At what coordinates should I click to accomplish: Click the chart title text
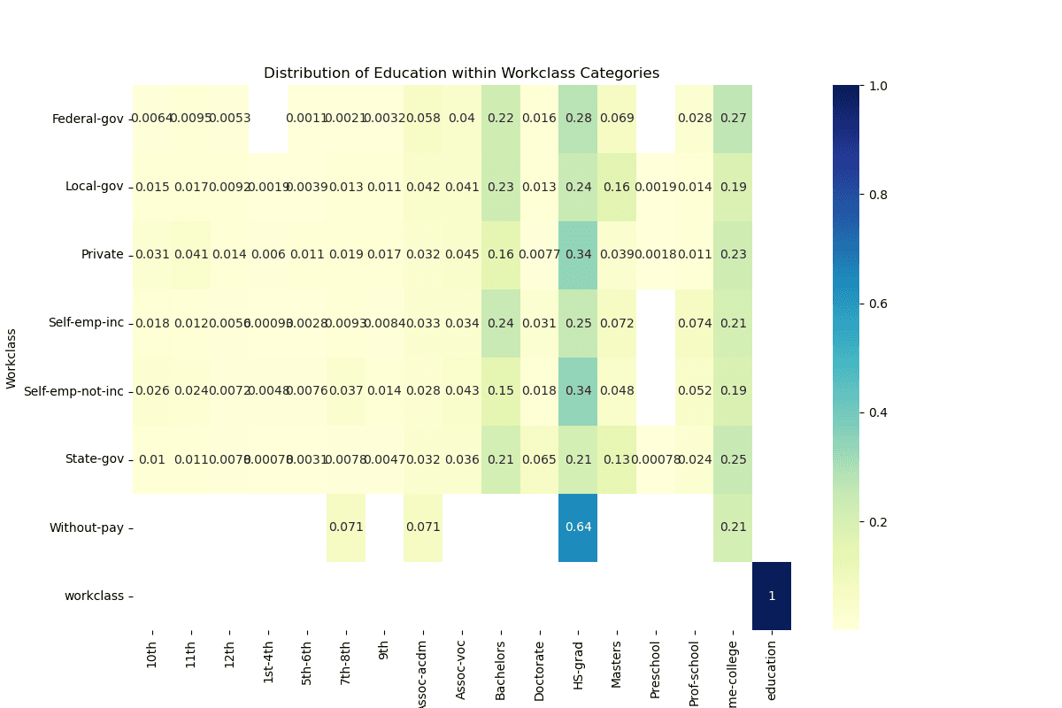pos(461,73)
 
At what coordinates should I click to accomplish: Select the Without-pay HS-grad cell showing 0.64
pos(578,527)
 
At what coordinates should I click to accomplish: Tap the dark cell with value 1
pos(771,596)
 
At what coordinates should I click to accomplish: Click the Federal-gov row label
pos(88,119)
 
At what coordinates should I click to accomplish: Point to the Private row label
pos(103,255)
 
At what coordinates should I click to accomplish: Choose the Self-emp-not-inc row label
pos(73,391)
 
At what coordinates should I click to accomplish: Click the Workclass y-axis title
pos(12,358)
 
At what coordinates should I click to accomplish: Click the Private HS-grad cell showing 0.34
pos(578,255)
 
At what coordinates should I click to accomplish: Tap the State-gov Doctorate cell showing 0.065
pos(539,459)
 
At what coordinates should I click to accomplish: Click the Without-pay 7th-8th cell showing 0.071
pos(346,527)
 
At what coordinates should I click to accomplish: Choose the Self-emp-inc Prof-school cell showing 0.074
pos(694,323)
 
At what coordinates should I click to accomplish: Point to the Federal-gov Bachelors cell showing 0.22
pos(501,119)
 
